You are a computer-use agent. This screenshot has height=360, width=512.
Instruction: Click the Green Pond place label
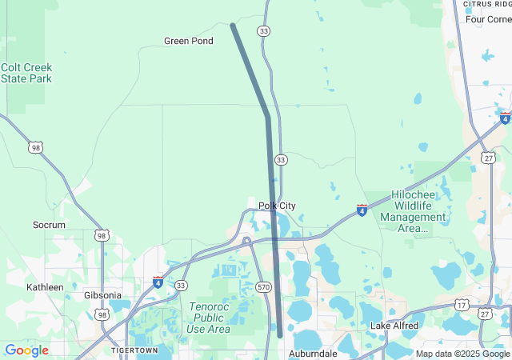[188, 41]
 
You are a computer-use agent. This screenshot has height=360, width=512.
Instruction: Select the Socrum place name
[49, 225]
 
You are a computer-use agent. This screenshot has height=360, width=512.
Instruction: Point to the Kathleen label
[45, 286]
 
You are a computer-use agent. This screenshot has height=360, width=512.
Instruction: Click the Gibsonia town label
[104, 295]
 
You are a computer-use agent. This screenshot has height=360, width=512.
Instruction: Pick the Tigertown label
[134, 350]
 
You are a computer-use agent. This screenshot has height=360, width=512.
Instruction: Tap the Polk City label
[277, 206]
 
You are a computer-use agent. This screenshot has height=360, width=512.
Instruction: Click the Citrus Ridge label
[486, 5]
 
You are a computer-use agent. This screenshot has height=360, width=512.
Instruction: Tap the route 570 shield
[264, 286]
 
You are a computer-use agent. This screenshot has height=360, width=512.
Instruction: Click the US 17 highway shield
[462, 305]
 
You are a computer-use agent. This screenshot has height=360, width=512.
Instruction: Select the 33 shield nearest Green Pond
[263, 30]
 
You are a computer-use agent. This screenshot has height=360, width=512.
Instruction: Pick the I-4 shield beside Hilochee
[362, 210]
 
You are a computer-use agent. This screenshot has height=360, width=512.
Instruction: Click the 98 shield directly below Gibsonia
[103, 315]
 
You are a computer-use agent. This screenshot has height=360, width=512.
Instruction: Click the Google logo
[26, 350]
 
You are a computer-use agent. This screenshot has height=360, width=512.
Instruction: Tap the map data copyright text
[462, 354]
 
